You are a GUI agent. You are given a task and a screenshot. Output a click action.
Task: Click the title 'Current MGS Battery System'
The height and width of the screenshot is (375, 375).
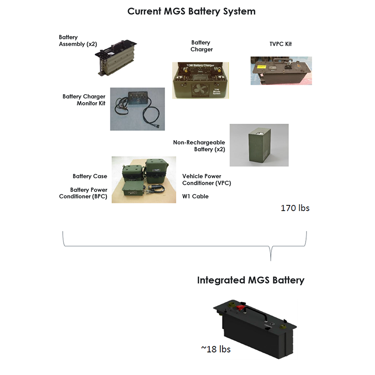[x=192, y=11]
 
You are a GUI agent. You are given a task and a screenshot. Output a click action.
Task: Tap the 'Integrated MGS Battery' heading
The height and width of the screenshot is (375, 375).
[x=250, y=280]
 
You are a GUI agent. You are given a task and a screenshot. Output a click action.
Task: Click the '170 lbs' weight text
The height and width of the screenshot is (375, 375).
[x=295, y=208]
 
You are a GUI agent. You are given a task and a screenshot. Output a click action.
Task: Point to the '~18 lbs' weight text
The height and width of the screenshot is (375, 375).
[x=216, y=349]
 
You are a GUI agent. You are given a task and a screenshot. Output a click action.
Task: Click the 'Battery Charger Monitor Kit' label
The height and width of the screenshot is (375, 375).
[x=84, y=100]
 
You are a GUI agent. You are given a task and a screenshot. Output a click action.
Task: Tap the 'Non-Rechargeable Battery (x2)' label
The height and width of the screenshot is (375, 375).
[x=199, y=146]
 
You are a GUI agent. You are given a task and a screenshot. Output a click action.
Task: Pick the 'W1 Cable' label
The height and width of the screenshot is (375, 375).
[x=195, y=196]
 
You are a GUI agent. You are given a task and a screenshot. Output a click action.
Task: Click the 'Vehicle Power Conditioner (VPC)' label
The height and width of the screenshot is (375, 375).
[x=206, y=180]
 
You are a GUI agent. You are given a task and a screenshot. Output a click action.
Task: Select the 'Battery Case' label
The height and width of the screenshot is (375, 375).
[x=90, y=176]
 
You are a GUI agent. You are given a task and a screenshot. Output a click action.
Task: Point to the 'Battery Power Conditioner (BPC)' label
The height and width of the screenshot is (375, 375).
[x=83, y=193]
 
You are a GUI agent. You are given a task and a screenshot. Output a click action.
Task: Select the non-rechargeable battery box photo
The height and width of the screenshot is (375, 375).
[x=258, y=145]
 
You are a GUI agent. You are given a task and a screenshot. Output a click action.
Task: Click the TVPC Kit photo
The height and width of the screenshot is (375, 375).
[x=280, y=70]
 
